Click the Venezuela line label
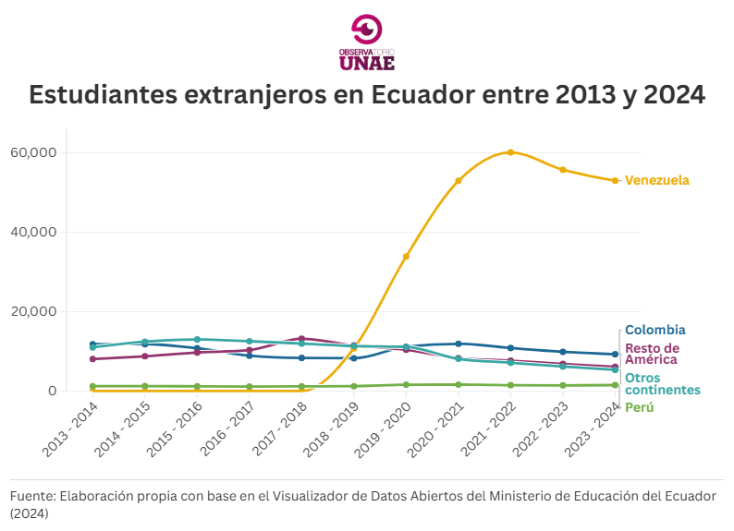point(656,180)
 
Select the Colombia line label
point(654,330)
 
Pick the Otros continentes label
point(662,384)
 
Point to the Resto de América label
point(652,354)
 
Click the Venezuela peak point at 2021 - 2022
point(510,152)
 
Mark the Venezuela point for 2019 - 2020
point(406,256)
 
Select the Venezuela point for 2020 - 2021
point(459,180)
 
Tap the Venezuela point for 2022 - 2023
point(563,170)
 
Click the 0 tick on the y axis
point(53,391)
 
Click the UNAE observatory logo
point(367,42)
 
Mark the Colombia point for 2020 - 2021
point(459,344)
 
